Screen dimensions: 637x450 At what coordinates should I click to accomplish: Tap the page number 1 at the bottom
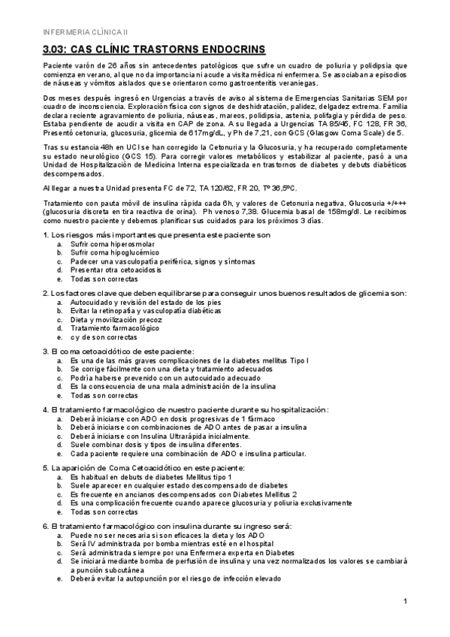click(x=405, y=601)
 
